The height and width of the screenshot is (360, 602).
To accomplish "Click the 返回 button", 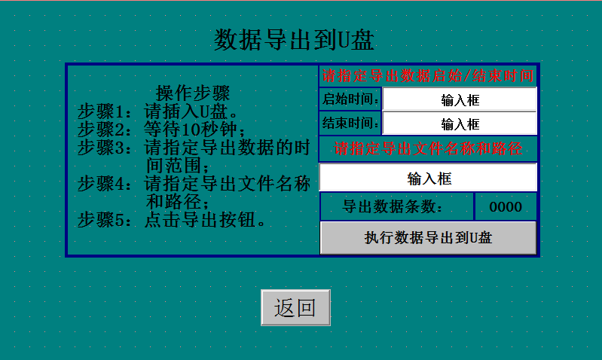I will pyautogui.click(x=295, y=307).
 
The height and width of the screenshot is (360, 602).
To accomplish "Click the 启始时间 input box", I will pyautogui.click(x=460, y=99).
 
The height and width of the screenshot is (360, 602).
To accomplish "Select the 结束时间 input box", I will pyautogui.click(x=460, y=124).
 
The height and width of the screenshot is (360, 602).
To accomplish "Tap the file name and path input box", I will pyautogui.click(x=428, y=178).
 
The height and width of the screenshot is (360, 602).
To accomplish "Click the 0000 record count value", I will pyautogui.click(x=505, y=206).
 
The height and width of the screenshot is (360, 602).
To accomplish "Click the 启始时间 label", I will pyautogui.click(x=350, y=99).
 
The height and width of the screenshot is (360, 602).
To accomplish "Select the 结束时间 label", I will pyautogui.click(x=350, y=124).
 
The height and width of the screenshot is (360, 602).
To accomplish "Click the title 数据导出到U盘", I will pyautogui.click(x=295, y=39).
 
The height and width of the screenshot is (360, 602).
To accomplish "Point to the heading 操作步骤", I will pyautogui.click(x=192, y=93).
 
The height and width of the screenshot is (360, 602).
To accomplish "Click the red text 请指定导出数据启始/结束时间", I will pyautogui.click(x=428, y=76).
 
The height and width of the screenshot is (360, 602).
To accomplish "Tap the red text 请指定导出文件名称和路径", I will pyautogui.click(x=428, y=148).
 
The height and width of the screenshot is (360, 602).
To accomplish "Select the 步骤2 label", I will pyautogui.click(x=105, y=129).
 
